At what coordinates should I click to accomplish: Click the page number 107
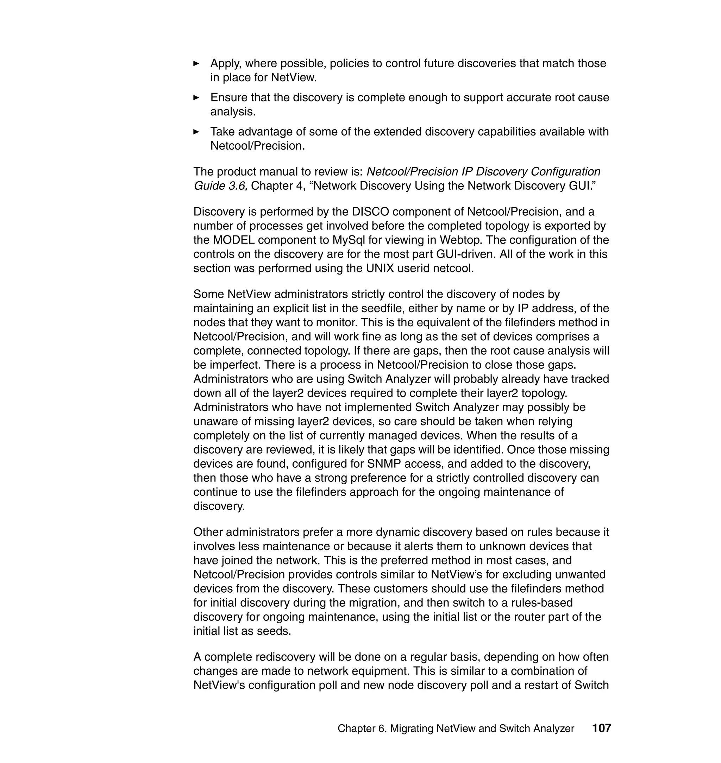[x=601, y=728]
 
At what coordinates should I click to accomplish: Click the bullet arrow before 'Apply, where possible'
[x=196, y=63]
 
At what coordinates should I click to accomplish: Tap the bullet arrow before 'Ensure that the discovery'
[x=196, y=97]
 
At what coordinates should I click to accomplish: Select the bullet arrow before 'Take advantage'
[x=196, y=131]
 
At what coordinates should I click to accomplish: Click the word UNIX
[x=380, y=268]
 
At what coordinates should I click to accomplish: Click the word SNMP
[x=383, y=464]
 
